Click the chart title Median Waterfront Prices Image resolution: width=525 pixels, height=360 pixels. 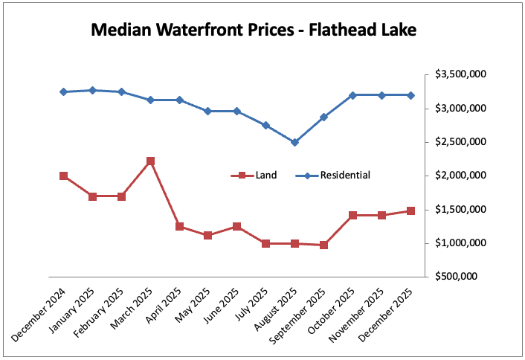(254, 30)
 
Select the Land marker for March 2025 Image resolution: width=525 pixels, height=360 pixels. (150, 161)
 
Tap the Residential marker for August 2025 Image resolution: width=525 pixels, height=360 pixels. (295, 142)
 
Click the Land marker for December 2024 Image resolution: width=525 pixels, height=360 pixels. (64, 176)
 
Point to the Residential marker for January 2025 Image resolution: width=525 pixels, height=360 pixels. (93, 90)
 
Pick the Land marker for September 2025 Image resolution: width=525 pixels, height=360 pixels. (324, 245)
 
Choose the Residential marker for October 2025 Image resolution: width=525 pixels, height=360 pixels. (353, 95)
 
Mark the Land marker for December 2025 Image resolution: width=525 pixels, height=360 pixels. (410, 210)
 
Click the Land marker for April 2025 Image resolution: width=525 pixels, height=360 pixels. (179, 226)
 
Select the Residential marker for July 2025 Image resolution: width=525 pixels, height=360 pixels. (266, 125)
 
